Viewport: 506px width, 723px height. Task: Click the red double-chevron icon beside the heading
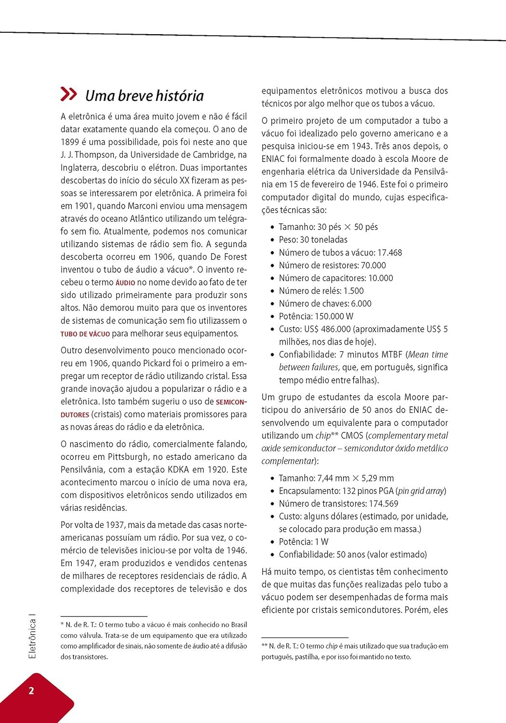click(x=68, y=94)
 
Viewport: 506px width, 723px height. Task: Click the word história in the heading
click(x=179, y=95)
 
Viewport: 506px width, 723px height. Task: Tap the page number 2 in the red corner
click(x=31, y=690)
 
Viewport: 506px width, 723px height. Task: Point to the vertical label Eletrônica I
click(x=32, y=638)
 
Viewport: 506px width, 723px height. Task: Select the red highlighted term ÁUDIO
click(x=125, y=283)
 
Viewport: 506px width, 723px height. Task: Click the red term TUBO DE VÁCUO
click(x=85, y=334)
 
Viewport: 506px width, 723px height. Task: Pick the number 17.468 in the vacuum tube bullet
click(x=389, y=253)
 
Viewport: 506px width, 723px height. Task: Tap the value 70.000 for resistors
click(x=373, y=265)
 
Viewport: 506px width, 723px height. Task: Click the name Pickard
click(x=157, y=363)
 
